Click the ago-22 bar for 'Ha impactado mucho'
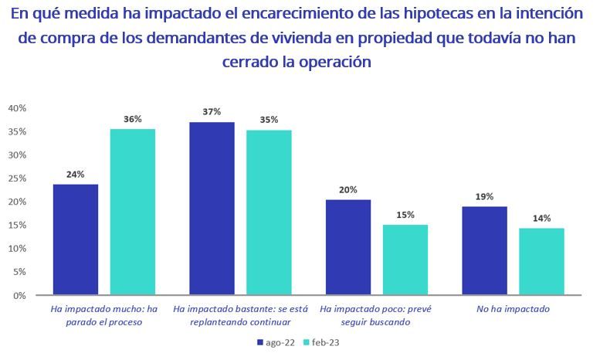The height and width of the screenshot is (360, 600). coord(75,239)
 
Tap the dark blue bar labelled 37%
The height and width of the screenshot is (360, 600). coord(212,209)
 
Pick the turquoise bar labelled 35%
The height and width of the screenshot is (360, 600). coord(269,212)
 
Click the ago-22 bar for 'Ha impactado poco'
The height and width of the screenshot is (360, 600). coord(347,247)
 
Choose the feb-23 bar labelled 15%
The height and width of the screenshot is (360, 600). coord(405,260)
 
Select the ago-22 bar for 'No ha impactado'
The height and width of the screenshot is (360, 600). coord(484,250)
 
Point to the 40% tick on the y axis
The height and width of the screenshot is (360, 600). coord(17,108)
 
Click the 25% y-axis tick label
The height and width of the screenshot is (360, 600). coord(17,178)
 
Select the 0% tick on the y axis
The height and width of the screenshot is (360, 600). coord(20,296)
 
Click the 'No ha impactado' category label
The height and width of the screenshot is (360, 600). coord(513,309)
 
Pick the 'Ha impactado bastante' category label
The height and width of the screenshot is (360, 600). coord(240,315)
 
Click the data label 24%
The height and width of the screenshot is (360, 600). coord(75,175)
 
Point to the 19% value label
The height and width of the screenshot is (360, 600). coord(484,197)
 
